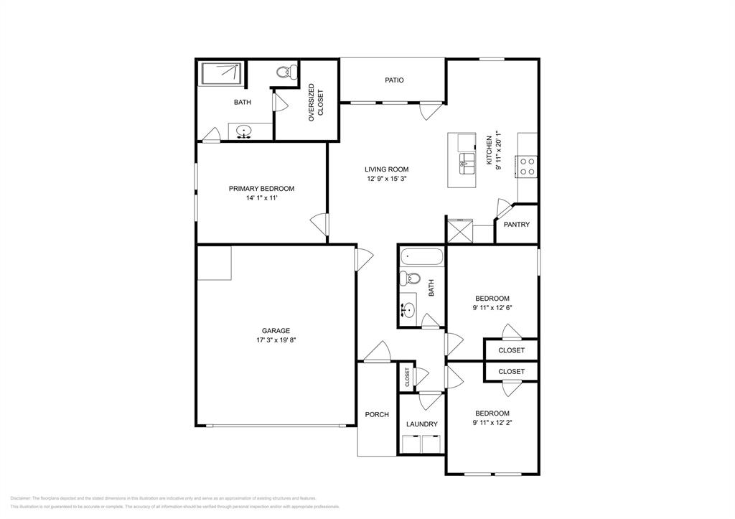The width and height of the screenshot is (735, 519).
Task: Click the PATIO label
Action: coord(394,80)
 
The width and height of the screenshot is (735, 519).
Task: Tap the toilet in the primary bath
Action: coord(286,71)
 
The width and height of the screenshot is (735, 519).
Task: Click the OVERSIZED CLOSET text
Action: coord(316,101)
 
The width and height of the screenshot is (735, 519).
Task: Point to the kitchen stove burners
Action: coord(527,167)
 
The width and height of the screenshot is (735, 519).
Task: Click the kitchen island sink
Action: coord(466,160)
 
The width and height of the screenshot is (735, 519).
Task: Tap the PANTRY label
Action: coord(516,225)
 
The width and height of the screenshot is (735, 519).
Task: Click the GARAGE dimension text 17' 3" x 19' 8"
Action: coord(276,340)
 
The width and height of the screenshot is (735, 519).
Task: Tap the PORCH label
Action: coord(377,414)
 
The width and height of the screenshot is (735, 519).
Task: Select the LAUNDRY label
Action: coord(421,424)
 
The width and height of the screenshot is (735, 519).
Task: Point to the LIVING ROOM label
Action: coord(386,169)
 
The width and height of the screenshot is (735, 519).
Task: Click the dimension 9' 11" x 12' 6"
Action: coord(492,307)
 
